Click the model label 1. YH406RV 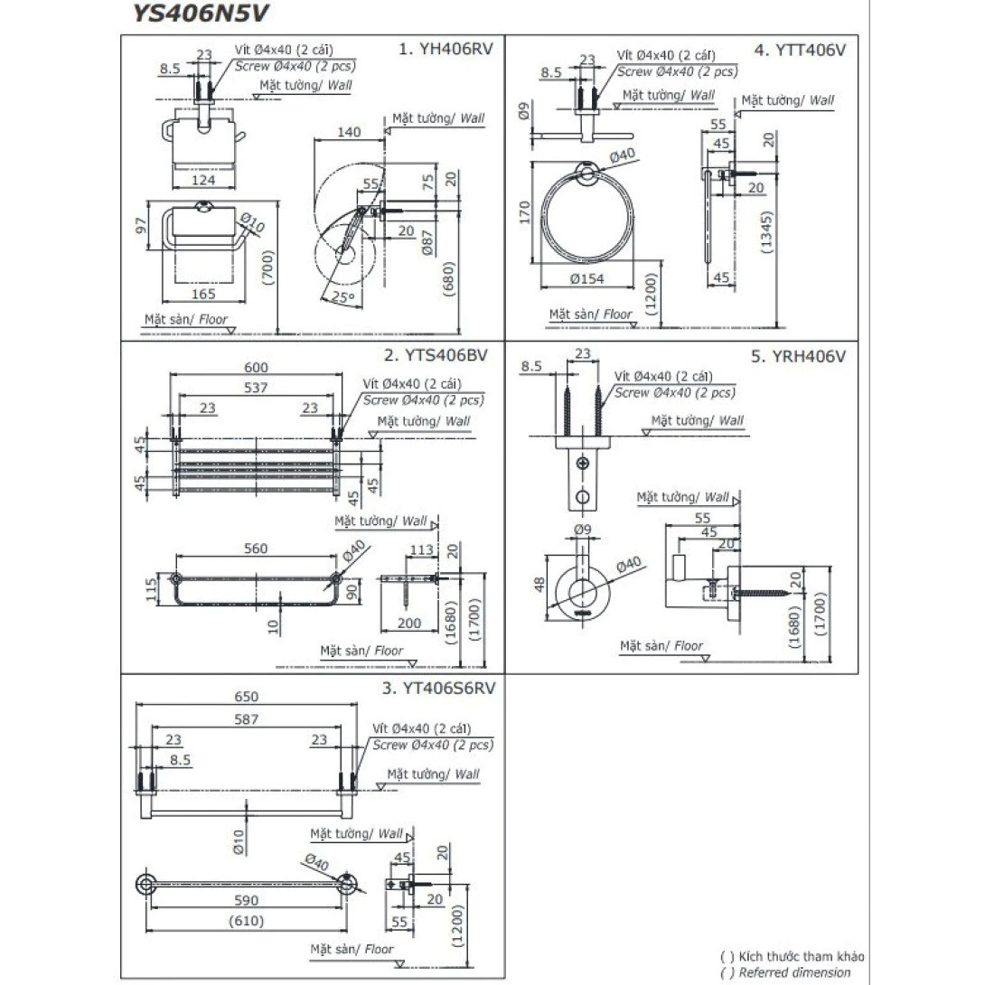[x=446, y=50]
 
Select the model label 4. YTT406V [x=802, y=50]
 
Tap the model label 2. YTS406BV [x=436, y=355]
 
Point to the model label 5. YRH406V [x=798, y=356]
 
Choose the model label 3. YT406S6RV [x=437, y=689]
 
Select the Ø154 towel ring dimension [x=587, y=278]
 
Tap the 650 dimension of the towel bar [x=246, y=697]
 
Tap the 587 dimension [x=246, y=719]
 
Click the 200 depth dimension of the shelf [x=408, y=624]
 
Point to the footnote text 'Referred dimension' [x=794, y=972]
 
